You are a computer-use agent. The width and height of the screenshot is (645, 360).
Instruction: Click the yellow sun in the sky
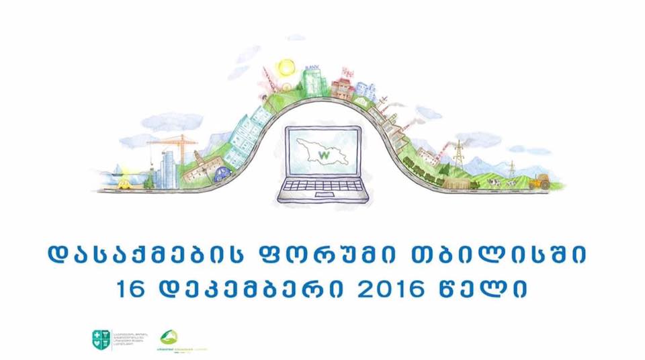(x=286, y=66)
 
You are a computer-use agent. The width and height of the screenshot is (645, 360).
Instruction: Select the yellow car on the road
(x=126, y=182)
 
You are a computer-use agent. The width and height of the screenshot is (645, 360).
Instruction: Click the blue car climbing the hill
(x=222, y=174)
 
